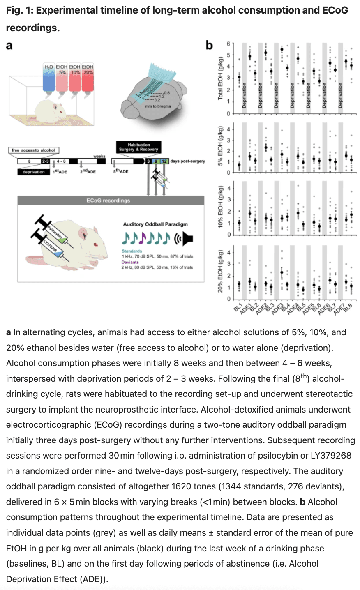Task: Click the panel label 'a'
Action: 9,45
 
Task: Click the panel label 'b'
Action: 210,45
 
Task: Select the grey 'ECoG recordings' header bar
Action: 111,201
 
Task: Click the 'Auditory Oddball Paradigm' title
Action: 155,224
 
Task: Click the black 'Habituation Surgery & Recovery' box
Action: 138,147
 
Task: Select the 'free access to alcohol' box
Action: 33,150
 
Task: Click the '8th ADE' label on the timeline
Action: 121,171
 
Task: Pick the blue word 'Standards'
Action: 132,251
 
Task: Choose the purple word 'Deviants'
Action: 130,262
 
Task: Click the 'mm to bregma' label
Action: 158,106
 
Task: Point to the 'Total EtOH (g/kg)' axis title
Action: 220,78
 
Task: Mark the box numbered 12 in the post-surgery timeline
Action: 164,161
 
